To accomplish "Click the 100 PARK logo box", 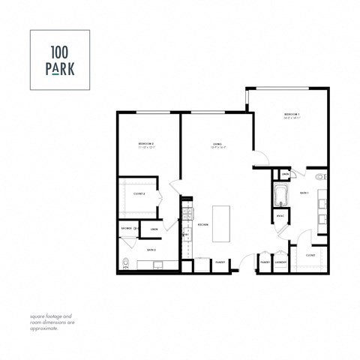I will (60, 60).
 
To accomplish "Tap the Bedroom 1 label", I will (292, 115).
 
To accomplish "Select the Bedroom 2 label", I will (146, 144).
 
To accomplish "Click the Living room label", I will (217, 144).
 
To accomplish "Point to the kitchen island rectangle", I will (221, 223).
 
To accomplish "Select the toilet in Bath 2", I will (125, 263).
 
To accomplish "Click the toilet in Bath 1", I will (320, 178).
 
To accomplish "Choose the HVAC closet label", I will (280, 216).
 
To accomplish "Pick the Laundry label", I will (280, 262).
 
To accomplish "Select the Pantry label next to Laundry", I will (265, 262).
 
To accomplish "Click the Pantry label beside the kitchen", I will (220, 262).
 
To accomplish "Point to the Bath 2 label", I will (150, 249).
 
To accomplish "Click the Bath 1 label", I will (304, 193).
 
